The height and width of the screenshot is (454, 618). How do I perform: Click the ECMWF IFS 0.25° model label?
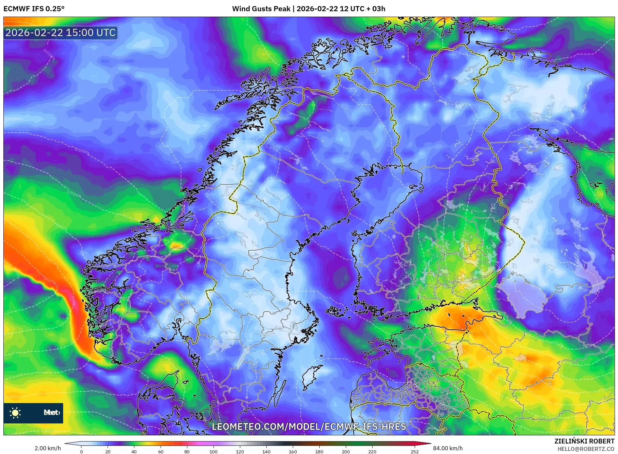click(x=34, y=9)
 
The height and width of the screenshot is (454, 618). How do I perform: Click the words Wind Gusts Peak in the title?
click(x=261, y=9)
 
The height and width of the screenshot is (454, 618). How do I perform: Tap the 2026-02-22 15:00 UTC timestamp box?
click(x=60, y=33)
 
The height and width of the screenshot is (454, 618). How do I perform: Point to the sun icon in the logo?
click(x=15, y=413)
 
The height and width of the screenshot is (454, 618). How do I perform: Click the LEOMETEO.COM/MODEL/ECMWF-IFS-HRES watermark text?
click(x=309, y=426)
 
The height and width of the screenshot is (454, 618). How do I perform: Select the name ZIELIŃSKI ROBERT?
click(x=584, y=441)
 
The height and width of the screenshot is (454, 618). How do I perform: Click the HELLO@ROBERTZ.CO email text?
click(x=586, y=449)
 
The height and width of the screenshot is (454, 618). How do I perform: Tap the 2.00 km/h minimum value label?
click(x=48, y=448)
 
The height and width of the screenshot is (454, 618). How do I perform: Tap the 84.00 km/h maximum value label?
click(x=448, y=448)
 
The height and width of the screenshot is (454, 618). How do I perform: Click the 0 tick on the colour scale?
click(x=81, y=452)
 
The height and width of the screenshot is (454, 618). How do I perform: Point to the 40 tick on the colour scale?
click(x=134, y=452)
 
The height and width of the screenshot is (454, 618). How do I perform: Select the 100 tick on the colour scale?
click(x=213, y=452)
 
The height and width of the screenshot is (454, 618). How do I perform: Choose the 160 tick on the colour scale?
click(x=293, y=452)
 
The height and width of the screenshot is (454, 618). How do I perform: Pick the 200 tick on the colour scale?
click(x=345, y=452)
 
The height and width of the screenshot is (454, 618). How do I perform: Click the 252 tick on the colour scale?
click(x=414, y=452)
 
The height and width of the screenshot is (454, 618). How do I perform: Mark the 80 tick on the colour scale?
click(x=187, y=452)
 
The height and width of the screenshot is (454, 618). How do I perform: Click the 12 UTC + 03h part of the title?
click(x=362, y=9)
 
